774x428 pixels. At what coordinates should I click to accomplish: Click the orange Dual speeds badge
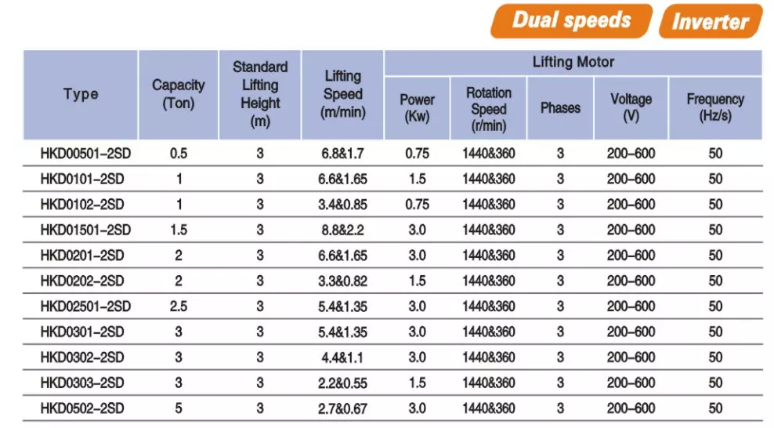tap(572, 20)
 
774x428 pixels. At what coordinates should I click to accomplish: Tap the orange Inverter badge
tap(711, 21)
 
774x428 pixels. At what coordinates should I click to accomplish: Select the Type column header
tap(81, 94)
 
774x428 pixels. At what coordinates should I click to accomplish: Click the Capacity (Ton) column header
tap(178, 94)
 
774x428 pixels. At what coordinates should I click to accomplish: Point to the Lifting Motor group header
tap(573, 62)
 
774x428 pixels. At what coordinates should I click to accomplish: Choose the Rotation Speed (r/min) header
tap(489, 109)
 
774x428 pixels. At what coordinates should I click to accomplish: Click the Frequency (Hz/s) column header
tap(715, 107)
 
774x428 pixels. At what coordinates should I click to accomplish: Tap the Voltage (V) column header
tap(631, 107)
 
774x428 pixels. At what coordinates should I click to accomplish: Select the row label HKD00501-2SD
tap(85, 154)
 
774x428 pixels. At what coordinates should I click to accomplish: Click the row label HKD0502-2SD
tap(82, 408)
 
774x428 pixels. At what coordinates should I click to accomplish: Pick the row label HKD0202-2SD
tap(82, 281)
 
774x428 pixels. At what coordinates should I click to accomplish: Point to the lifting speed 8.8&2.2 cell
tap(342, 230)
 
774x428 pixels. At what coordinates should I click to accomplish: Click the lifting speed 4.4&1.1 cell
tap(342, 357)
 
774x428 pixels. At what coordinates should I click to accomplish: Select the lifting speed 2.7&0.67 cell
tap(342, 408)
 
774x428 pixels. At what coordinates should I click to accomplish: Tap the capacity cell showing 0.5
tap(178, 154)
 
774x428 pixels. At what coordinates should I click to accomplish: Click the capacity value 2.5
tap(178, 306)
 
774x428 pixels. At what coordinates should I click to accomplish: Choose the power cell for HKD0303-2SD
tap(417, 383)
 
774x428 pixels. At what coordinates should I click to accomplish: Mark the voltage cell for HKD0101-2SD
tap(631, 180)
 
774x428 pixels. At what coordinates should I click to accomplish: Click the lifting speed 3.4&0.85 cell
tap(342, 205)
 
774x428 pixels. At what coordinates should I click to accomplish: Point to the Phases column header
tap(560, 107)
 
